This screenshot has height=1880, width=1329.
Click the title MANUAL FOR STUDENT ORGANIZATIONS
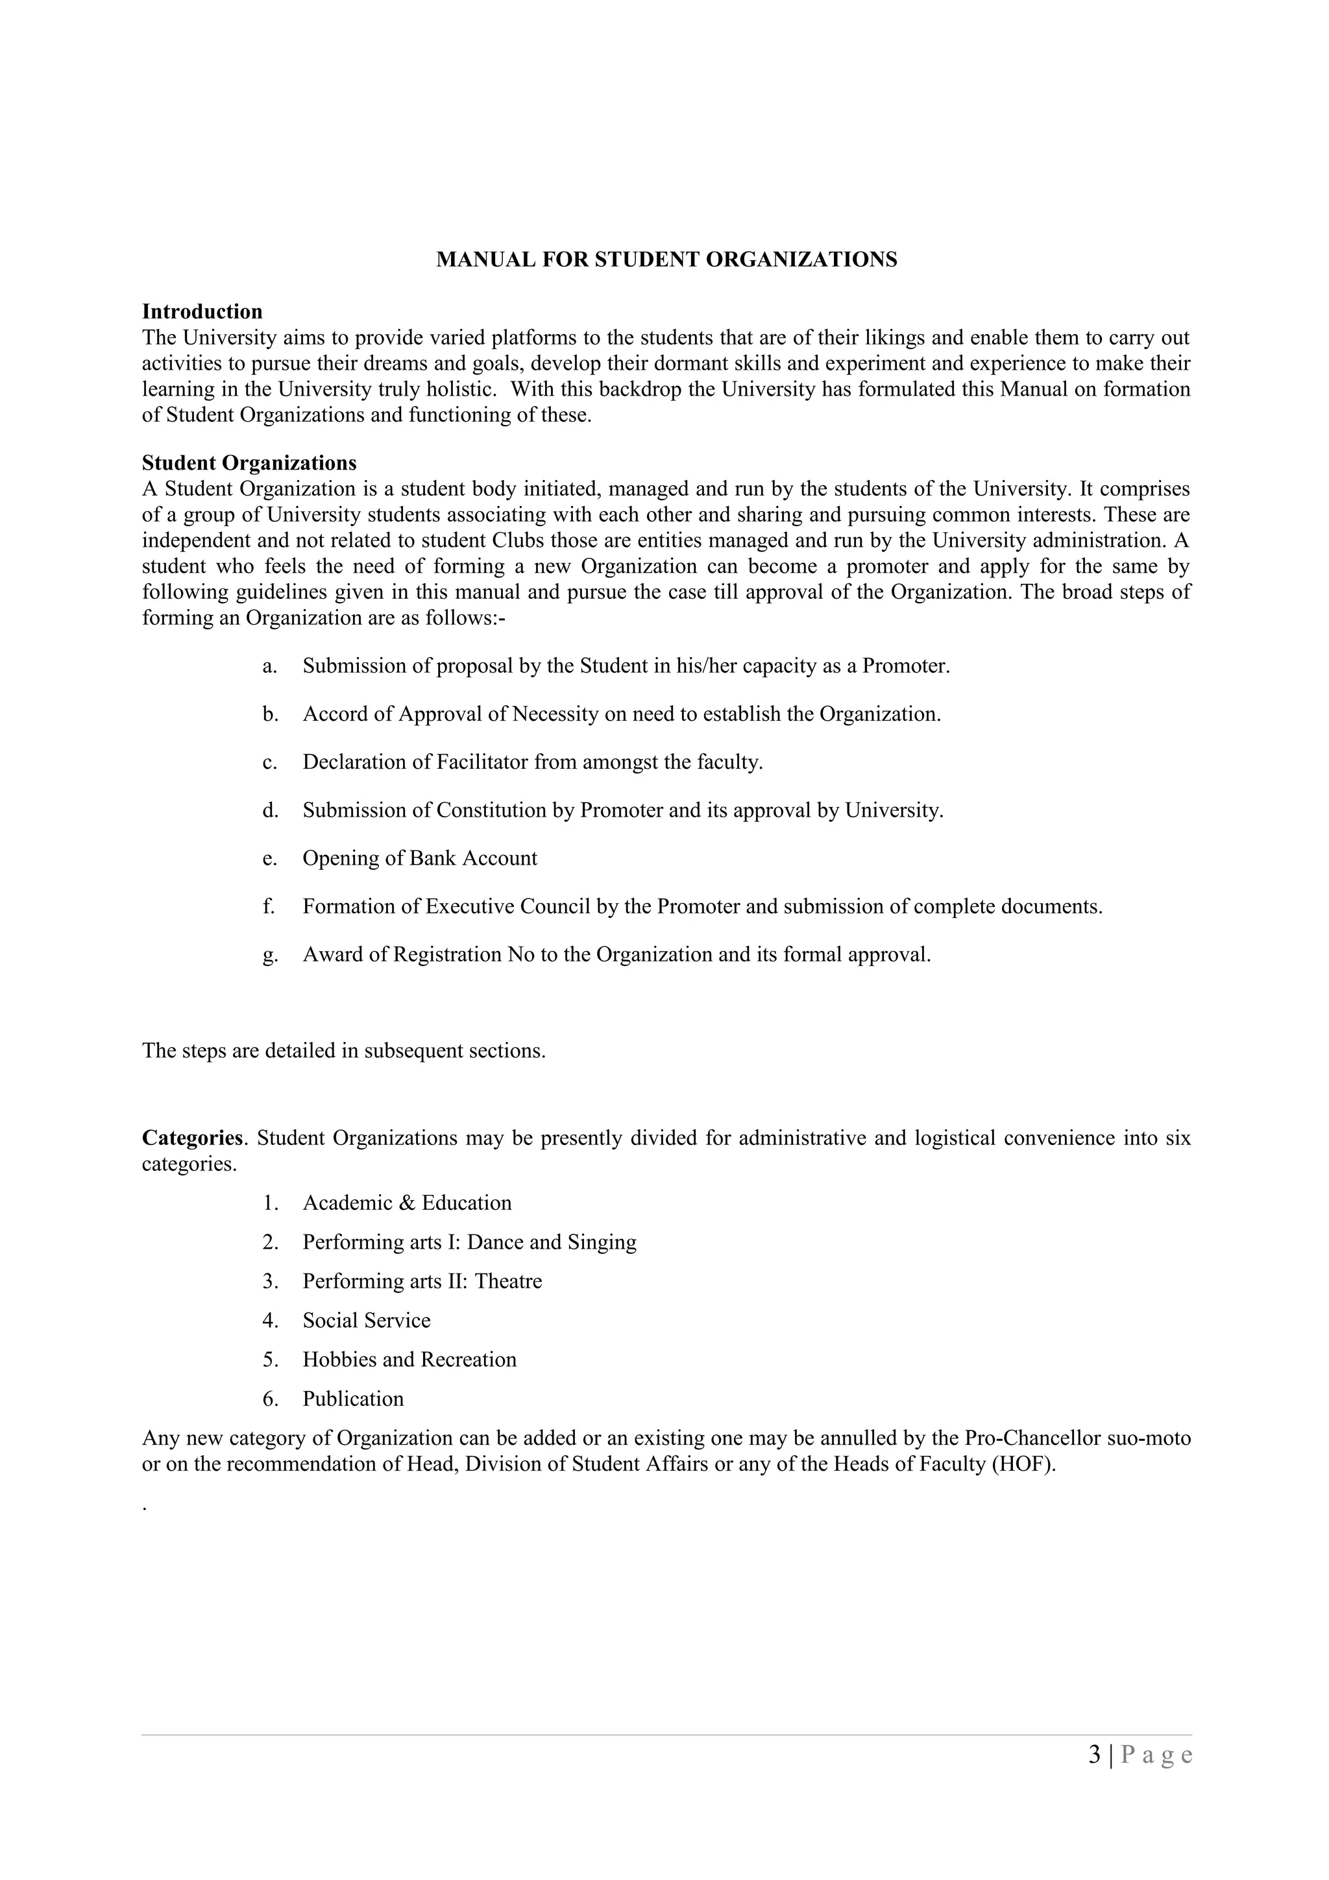pyautogui.click(x=666, y=259)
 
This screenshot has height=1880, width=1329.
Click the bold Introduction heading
pyautogui.click(x=202, y=311)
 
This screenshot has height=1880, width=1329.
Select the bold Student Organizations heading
pyautogui.click(x=249, y=463)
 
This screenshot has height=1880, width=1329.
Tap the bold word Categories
pyautogui.click(x=193, y=1137)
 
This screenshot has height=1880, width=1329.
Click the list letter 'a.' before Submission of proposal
pyautogui.click(x=269, y=666)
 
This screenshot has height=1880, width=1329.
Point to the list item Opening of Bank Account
pyautogui.click(x=419, y=858)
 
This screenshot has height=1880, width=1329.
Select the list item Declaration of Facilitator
pyautogui.click(x=532, y=762)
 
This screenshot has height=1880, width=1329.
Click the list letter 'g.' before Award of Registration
pyautogui.click(x=269, y=956)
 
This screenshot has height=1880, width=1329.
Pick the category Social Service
pyautogui.click(x=366, y=1320)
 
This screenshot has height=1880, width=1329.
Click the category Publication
pyautogui.click(x=353, y=1399)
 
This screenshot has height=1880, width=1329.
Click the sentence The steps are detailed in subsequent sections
pyautogui.click(x=344, y=1050)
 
